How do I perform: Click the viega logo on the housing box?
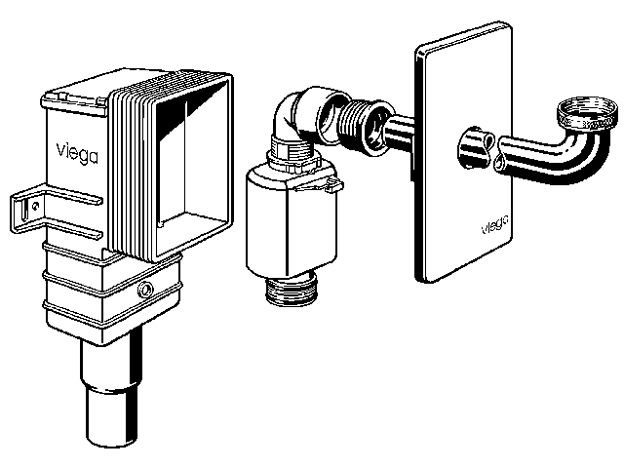pos(77,153)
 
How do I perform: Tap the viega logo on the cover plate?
pos(494,225)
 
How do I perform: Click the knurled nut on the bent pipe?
pos(587,113)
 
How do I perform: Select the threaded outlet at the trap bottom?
pos(290,289)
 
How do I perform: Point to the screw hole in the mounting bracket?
pos(36,206)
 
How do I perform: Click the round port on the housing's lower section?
pos(144,290)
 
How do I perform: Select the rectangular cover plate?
pos(463,153)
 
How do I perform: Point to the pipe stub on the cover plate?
pos(477,147)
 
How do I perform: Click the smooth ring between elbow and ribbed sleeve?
pos(331,116)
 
